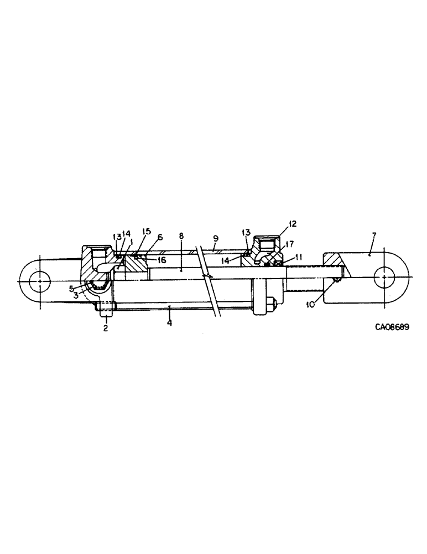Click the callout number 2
click(105, 328)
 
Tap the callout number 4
click(169, 322)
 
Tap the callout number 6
click(159, 237)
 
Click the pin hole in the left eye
click(40, 280)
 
